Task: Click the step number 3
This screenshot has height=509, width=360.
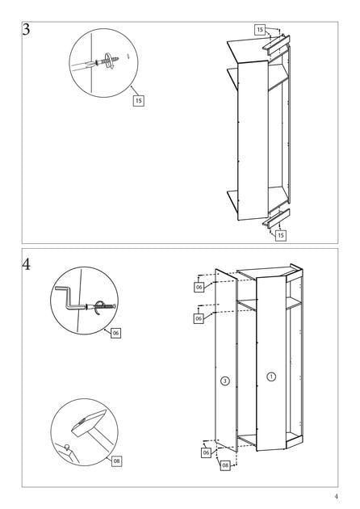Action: (x=26, y=30)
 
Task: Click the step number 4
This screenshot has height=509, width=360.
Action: (x=27, y=264)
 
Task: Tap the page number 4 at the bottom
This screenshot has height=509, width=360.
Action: (x=336, y=496)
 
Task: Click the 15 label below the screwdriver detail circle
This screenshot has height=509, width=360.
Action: (x=139, y=101)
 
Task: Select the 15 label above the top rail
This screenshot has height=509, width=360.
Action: (x=260, y=30)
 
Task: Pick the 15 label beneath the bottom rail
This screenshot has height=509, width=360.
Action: (x=281, y=235)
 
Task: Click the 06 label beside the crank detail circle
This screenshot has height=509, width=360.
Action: (x=115, y=333)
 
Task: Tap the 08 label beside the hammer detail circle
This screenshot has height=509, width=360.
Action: (x=117, y=461)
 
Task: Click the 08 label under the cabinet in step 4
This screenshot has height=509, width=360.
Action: (x=225, y=466)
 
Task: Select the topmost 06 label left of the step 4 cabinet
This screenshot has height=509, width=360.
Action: (x=199, y=288)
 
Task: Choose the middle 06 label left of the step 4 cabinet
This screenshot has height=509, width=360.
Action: (x=199, y=318)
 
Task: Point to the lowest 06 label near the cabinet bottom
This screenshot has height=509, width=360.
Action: (x=207, y=452)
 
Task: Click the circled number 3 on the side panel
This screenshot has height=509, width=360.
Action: (x=225, y=381)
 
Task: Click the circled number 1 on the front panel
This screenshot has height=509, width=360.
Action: (x=271, y=376)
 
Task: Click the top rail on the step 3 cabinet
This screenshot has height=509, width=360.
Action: (x=276, y=44)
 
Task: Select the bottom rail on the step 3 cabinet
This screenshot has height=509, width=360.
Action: (x=276, y=219)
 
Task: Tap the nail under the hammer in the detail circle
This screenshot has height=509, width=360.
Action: (x=67, y=448)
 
